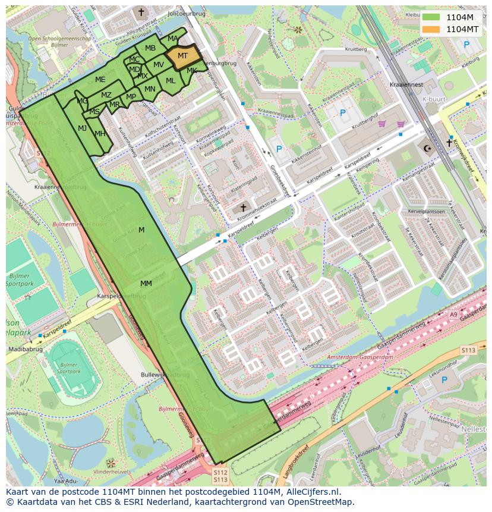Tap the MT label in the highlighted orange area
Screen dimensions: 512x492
(183, 55)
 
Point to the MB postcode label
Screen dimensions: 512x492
(150, 48)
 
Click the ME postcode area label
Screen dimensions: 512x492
(100, 80)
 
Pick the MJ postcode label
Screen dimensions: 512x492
(82, 128)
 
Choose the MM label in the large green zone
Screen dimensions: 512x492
(146, 284)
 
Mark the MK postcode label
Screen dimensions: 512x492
(192, 71)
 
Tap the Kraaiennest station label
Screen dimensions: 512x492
(406, 84)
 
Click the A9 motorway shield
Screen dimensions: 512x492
(454, 315)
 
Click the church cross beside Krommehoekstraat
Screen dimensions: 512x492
(243, 208)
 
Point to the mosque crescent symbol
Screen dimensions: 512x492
(425, 147)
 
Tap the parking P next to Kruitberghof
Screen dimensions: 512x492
(342, 112)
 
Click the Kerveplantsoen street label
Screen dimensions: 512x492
(426, 211)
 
